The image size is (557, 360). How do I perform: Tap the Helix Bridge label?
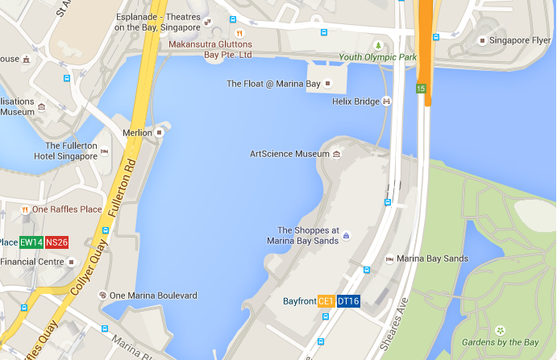pos(355,101)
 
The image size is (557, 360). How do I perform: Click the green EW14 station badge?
pos(31,242)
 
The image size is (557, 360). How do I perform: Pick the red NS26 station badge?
pos(56,242)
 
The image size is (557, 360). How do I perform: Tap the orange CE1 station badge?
pos(326,301)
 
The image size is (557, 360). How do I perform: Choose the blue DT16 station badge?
pos(347,301)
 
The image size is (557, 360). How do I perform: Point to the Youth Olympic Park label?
pos(377,57)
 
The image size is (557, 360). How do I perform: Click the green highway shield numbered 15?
pos(421,88)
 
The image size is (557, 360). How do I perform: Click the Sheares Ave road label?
pos(397,319)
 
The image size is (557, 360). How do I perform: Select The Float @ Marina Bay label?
pos(273,84)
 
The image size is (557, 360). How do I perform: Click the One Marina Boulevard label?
pos(153,296)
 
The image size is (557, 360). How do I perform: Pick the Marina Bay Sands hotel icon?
pos(389,259)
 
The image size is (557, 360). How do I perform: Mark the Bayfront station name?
pos(299,301)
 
